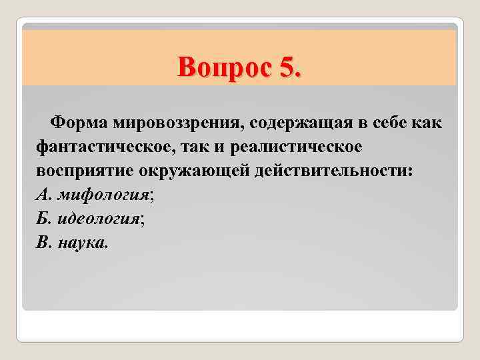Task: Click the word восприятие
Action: click(85, 170)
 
